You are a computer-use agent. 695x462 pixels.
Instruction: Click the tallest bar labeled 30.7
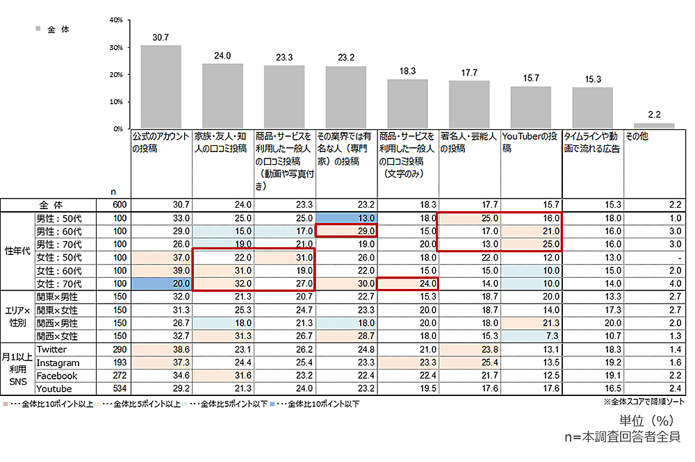tap(161, 87)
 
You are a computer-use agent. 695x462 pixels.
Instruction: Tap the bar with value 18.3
tap(407, 104)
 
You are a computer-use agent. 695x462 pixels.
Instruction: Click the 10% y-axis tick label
tap(117, 101)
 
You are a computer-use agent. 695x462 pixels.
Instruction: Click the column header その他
tap(637, 137)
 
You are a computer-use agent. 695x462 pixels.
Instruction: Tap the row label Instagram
tap(58, 363)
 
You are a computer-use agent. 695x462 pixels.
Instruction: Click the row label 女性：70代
tap(59, 283)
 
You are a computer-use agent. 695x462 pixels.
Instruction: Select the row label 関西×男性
tap(58, 323)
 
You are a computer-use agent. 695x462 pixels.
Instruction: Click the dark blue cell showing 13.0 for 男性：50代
tap(346, 217)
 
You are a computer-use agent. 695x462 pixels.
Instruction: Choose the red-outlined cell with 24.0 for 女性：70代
tap(408, 283)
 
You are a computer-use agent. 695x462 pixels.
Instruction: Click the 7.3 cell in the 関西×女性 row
tap(531, 336)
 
